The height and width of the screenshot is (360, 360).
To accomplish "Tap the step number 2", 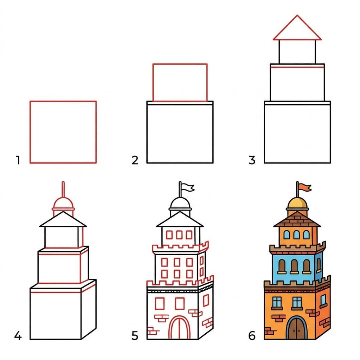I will click(x=135, y=161).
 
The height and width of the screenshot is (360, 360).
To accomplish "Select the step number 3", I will click(x=252, y=161).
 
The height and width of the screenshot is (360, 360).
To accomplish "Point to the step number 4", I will click(x=18, y=336).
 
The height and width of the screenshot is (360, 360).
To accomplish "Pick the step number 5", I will click(x=135, y=336).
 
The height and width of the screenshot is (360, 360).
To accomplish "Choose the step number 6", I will click(x=252, y=336).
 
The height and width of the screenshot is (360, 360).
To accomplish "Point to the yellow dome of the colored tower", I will click(x=297, y=203).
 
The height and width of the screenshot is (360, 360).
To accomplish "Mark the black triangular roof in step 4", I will click(x=63, y=220).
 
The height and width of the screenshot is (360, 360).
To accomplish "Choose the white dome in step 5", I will click(x=180, y=203).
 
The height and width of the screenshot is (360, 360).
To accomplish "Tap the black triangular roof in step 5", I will click(x=180, y=220).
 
